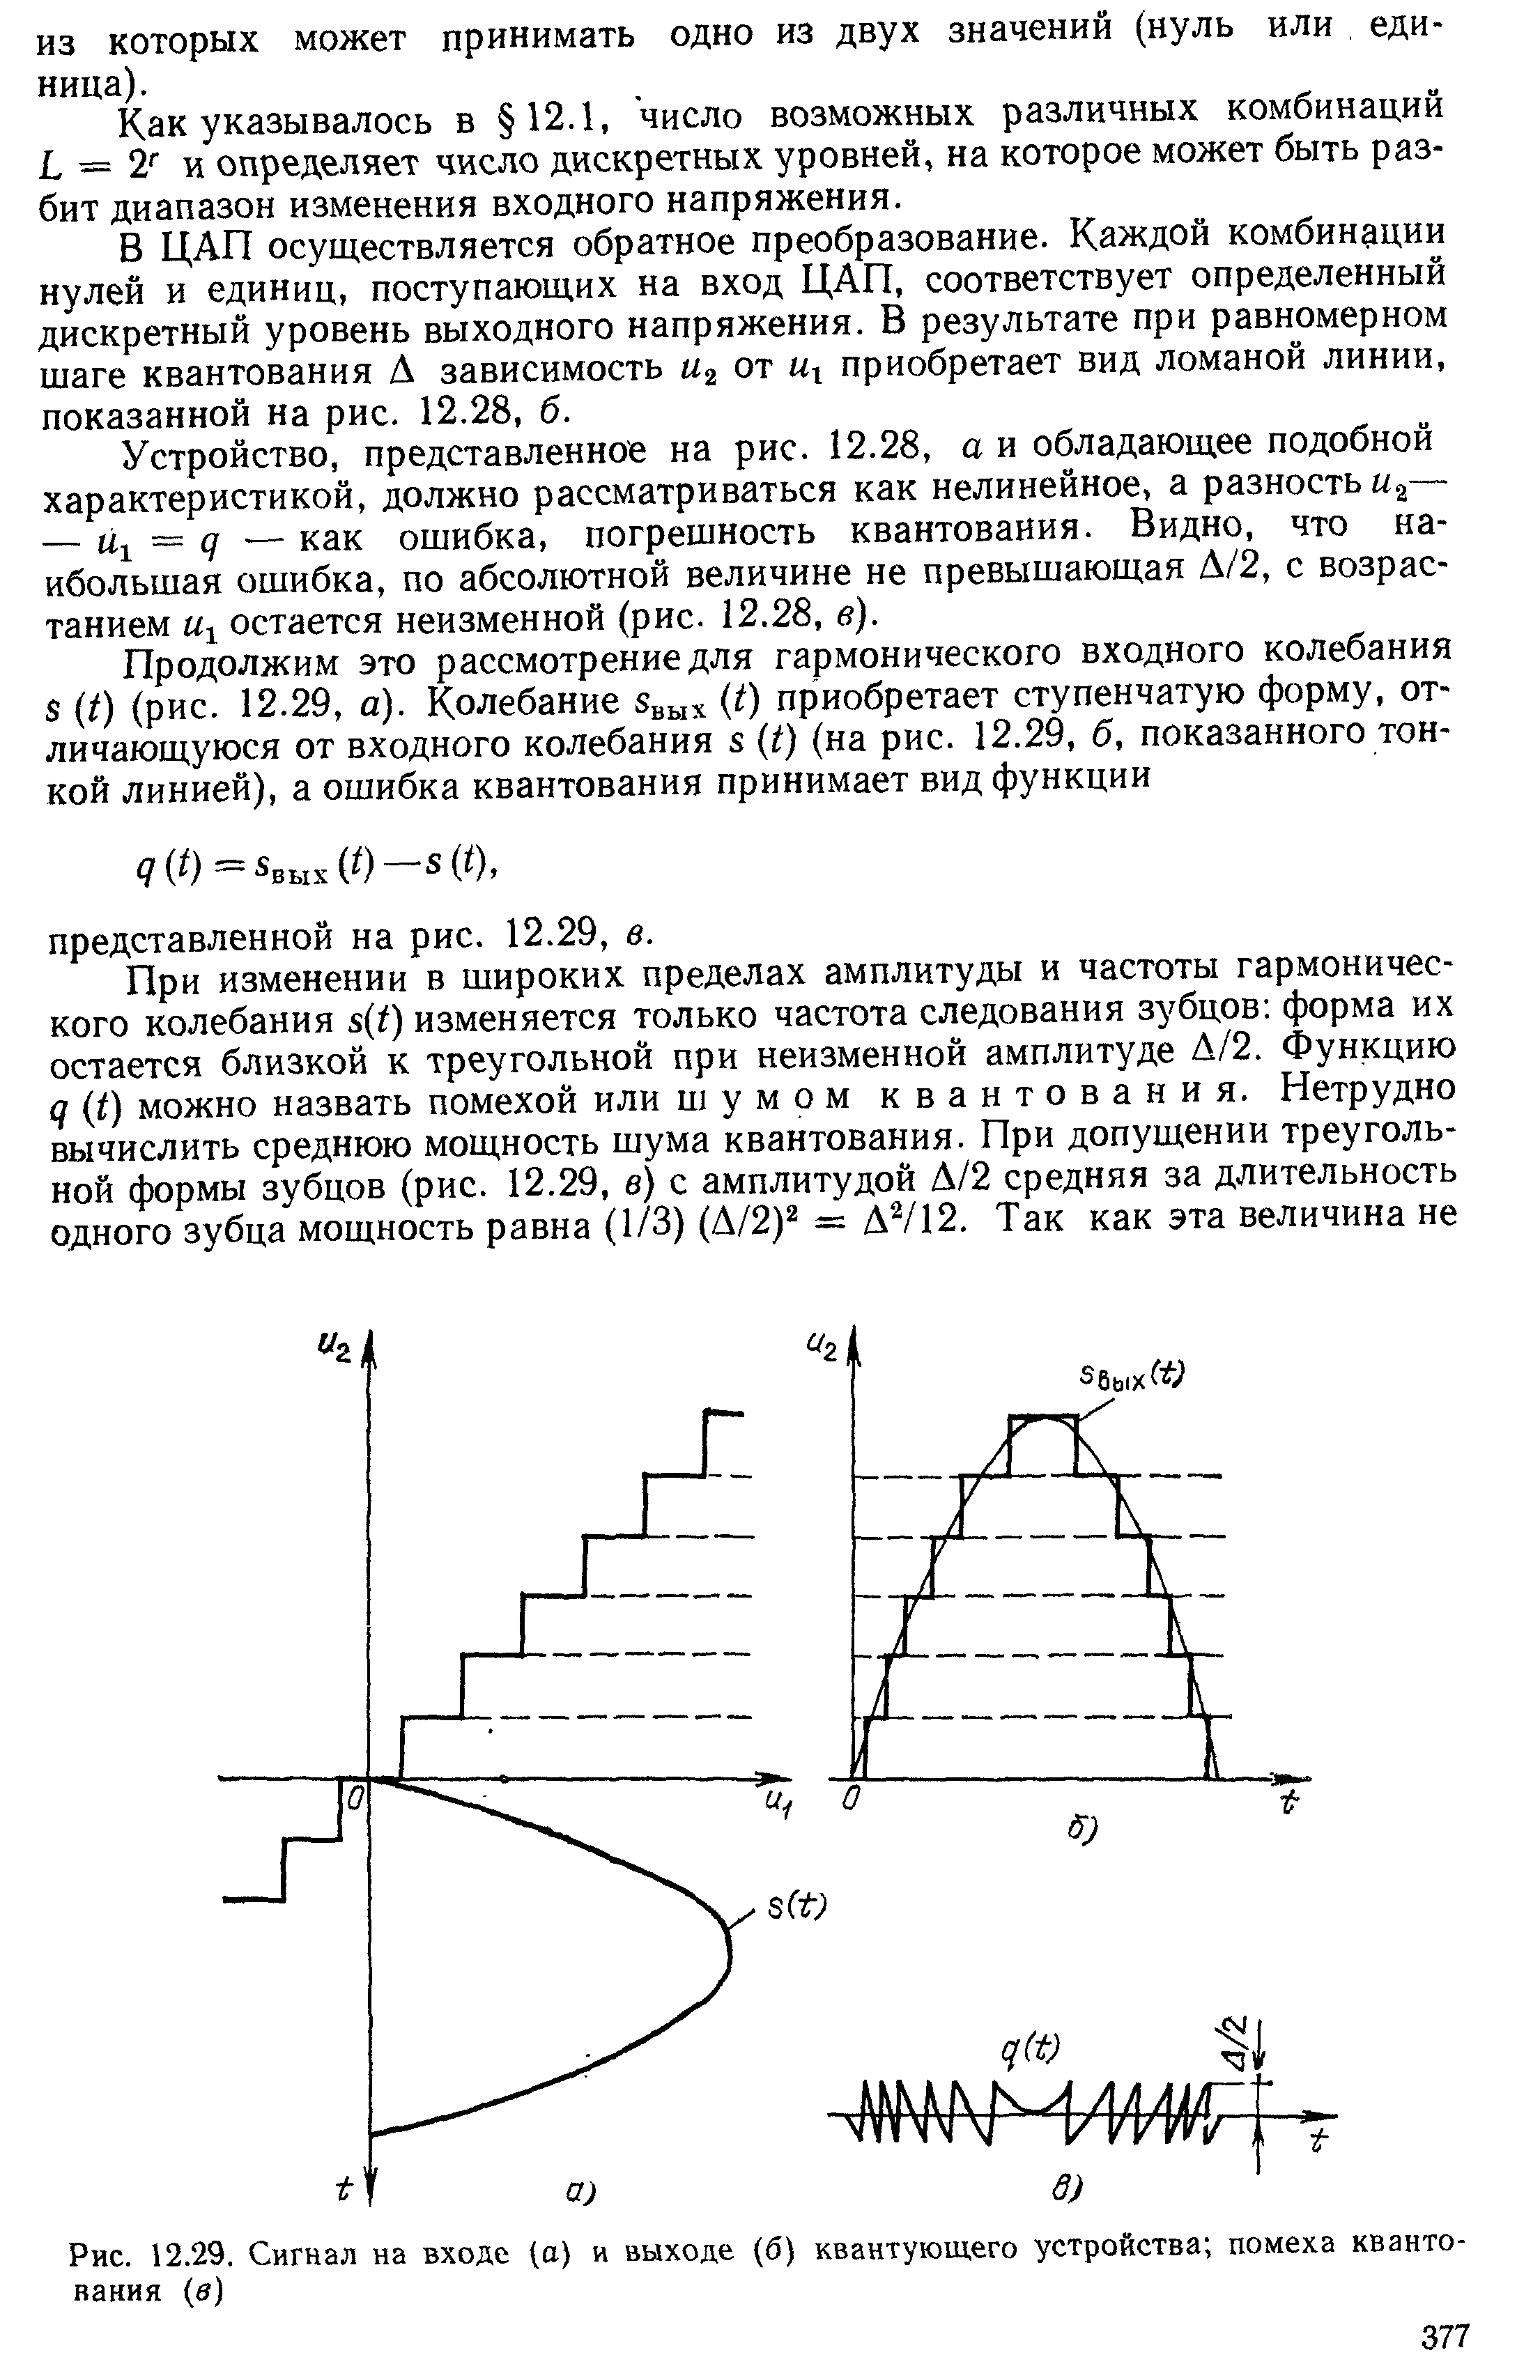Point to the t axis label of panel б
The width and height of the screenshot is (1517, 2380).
[x=1288, y=1804]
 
